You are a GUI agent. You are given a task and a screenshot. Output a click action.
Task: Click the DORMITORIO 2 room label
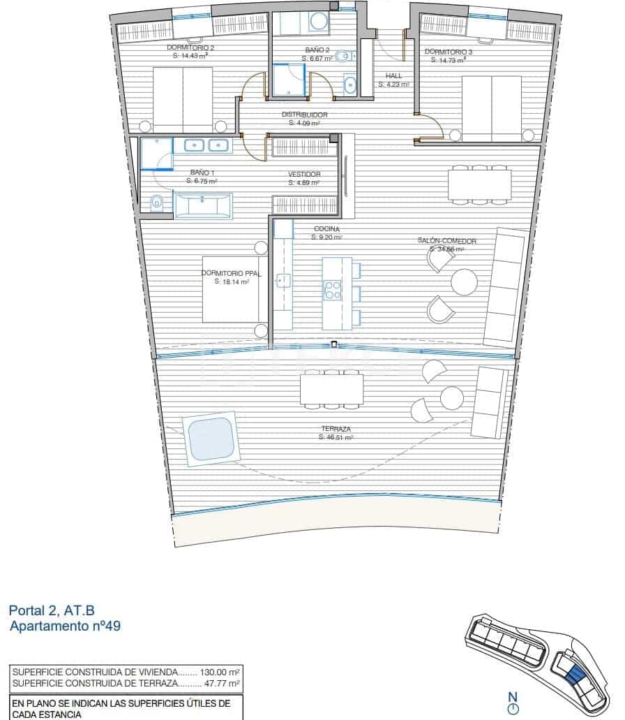click(x=190, y=48)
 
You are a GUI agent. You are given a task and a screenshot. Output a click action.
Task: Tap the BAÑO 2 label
click(x=317, y=50)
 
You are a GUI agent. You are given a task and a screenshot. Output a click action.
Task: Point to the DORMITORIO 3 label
click(x=448, y=52)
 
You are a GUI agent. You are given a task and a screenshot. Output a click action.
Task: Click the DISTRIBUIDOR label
click(x=304, y=115)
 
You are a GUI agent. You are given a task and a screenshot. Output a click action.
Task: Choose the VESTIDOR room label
click(x=304, y=175)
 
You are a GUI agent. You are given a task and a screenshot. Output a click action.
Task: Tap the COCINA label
click(x=326, y=229)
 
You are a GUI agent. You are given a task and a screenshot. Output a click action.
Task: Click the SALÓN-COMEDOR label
click(x=446, y=241)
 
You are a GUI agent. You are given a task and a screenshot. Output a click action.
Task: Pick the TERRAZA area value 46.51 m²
click(x=336, y=437)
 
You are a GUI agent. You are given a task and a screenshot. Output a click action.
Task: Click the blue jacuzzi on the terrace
click(x=211, y=438)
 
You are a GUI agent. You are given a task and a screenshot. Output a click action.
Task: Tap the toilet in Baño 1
click(x=156, y=203)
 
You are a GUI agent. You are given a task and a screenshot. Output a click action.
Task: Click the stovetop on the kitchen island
click(x=332, y=290)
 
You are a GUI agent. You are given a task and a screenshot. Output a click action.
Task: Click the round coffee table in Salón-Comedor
click(x=464, y=283)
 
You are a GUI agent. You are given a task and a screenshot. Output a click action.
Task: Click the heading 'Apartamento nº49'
click(x=66, y=626)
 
